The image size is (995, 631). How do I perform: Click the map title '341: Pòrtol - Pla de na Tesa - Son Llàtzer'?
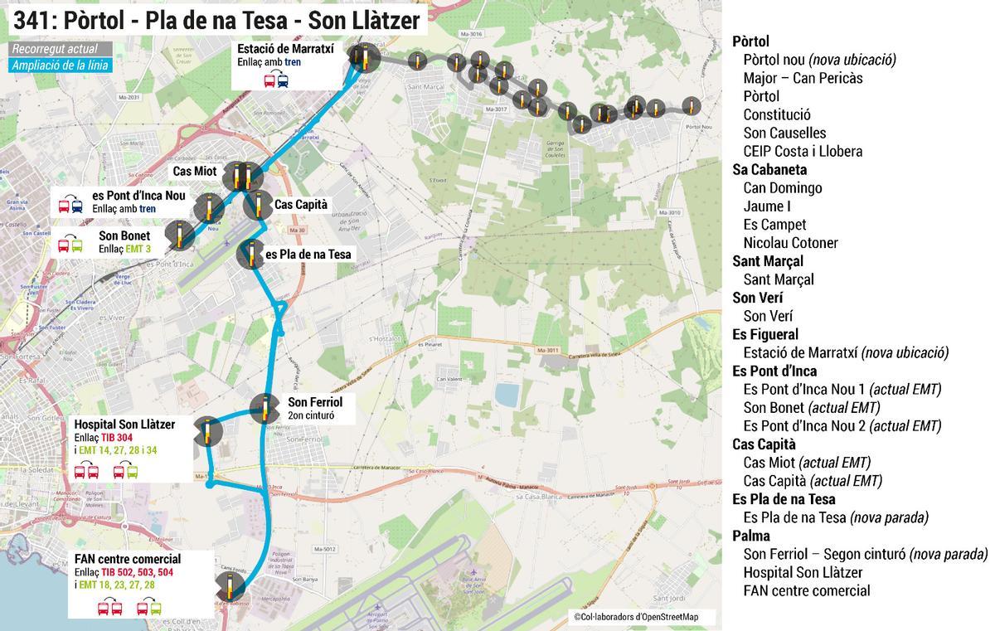[x=216, y=19]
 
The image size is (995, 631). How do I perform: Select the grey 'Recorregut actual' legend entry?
[x=55, y=49]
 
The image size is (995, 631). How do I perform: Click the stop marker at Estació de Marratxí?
[x=361, y=59]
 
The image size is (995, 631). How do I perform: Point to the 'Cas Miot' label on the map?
[x=195, y=171]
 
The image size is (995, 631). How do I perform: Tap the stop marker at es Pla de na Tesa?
[x=251, y=254]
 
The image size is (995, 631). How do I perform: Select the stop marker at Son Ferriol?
[x=265, y=407]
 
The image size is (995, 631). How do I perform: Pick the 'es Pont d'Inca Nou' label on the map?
[x=139, y=196]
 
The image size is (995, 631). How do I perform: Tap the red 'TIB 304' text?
[x=117, y=437]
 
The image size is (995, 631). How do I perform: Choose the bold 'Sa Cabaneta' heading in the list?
[x=769, y=169]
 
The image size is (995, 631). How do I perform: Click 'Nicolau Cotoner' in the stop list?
[x=790, y=243]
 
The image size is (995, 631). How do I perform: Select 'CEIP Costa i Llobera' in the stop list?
[x=803, y=151]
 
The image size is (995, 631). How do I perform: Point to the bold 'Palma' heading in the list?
[x=751, y=536]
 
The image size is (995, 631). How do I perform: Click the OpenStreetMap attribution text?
[x=636, y=616]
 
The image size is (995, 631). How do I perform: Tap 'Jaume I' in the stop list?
[x=767, y=206]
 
